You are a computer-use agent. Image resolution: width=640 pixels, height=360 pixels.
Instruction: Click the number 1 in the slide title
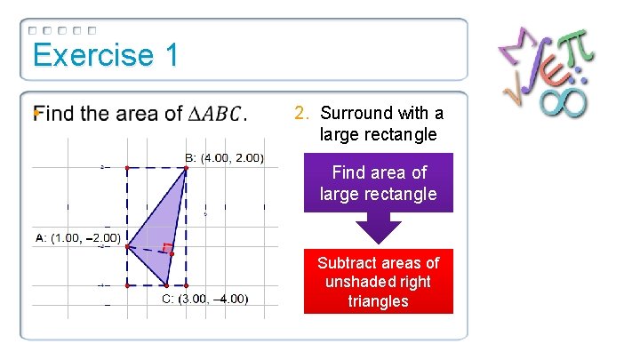[171, 55]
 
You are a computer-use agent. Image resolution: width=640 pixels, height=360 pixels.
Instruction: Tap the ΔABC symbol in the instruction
[214, 114]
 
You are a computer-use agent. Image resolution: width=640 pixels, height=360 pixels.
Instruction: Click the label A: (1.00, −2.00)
[77, 237]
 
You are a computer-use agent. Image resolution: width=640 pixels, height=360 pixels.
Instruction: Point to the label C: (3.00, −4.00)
[204, 298]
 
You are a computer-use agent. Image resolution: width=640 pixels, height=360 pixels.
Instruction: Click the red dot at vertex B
[186, 168]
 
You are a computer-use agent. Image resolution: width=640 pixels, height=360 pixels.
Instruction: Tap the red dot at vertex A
[127, 247]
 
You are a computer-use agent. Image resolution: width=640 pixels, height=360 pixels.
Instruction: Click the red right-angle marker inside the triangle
[167, 248]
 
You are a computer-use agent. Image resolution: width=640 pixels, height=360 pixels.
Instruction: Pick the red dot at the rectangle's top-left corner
[127, 167]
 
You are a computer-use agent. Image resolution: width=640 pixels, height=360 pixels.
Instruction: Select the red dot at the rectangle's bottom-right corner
[186, 285]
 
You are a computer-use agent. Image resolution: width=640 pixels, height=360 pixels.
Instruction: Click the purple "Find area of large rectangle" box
[379, 182]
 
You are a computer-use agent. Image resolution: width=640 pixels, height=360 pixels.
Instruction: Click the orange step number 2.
[301, 113]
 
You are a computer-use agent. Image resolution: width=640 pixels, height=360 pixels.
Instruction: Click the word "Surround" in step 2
[356, 113]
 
